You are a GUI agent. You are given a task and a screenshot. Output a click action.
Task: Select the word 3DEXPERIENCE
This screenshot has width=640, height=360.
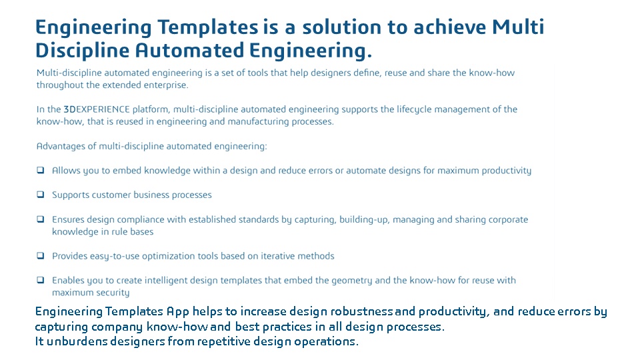tap(97, 109)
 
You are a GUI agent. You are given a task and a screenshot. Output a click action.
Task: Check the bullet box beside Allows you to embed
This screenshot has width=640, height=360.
tap(41, 170)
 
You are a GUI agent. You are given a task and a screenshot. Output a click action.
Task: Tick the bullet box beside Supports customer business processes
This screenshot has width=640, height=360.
tap(41, 194)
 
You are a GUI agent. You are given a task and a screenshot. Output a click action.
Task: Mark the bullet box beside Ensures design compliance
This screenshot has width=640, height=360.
tap(41, 219)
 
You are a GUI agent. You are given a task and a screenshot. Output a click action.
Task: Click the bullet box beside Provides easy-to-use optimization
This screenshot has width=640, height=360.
tap(41, 255)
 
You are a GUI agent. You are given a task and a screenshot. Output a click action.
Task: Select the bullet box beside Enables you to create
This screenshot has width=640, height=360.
tap(41, 280)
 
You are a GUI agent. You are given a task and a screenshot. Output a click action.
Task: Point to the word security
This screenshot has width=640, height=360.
tap(113, 293)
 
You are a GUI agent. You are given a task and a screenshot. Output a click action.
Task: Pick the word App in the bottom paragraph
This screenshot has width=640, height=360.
tap(177, 312)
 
